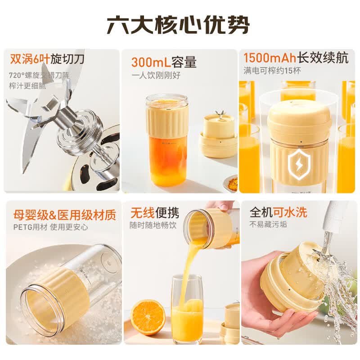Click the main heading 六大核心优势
[x=178, y=25]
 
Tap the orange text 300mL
[x=151, y=62]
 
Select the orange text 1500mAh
[x=270, y=58]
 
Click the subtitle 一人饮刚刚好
[x=156, y=75]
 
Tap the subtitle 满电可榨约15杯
[x=272, y=71]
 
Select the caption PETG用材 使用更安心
[x=51, y=227]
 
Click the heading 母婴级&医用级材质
[x=64, y=215]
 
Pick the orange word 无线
[x=142, y=212]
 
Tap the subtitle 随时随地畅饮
[x=153, y=225]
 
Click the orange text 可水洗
[x=290, y=212]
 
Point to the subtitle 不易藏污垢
[x=268, y=224]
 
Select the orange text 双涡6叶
[x=30, y=59]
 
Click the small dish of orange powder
[x=230, y=180]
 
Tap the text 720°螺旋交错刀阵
[x=39, y=75]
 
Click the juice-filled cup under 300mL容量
[x=167, y=140]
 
